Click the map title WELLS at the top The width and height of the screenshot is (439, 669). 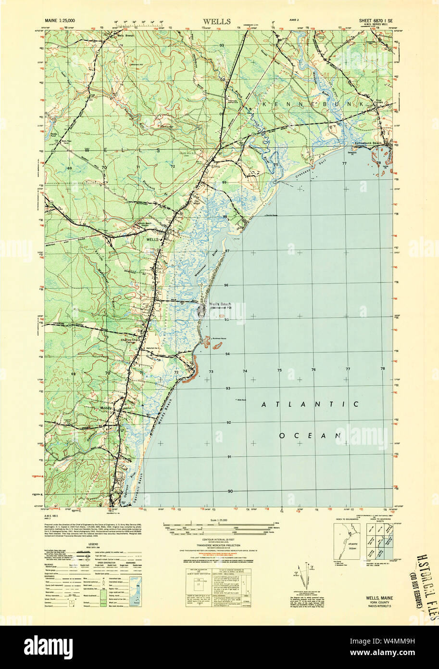pyautogui.click(x=216, y=22)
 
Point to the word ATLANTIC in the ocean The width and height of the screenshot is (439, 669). pyautogui.click(x=310, y=404)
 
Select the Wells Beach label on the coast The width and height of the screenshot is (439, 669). pyautogui.click(x=220, y=304)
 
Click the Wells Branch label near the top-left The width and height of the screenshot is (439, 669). pyautogui.click(x=126, y=37)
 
